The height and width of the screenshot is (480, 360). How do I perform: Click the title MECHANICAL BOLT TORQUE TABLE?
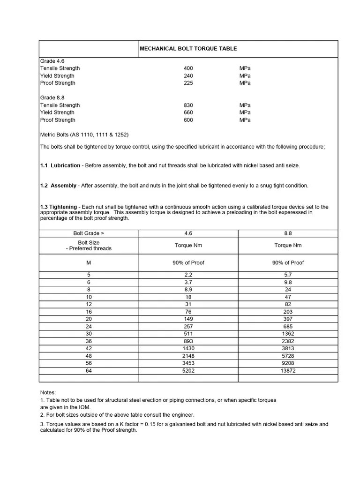coord(188,49)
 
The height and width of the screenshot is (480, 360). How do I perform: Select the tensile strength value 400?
coord(188,68)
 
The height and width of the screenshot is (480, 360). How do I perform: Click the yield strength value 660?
coord(188,112)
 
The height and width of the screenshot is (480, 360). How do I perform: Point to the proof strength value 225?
coord(188,83)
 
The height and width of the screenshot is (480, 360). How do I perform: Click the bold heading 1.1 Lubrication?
coord(60,165)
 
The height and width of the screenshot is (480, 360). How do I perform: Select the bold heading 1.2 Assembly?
coord(58,186)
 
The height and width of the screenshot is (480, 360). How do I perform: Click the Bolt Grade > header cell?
coord(89,233)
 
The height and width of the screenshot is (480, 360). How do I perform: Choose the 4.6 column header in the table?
coord(188,233)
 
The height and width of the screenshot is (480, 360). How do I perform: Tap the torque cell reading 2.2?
coord(188,275)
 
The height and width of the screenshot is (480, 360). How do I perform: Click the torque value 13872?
coord(288,371)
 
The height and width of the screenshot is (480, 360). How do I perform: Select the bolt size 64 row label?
coord(89,371)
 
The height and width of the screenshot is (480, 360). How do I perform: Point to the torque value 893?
coord(188,341)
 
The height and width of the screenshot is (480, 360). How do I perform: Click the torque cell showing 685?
coord(288,326)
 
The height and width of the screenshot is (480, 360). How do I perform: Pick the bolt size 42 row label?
coord(89,349)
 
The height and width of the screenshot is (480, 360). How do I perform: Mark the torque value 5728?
coord(288,356)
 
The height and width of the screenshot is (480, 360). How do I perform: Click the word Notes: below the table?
coord(48,392)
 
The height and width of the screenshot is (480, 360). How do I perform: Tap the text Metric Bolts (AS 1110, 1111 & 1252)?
coord(84,135)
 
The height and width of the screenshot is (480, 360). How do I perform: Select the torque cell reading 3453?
coord(188,363)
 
